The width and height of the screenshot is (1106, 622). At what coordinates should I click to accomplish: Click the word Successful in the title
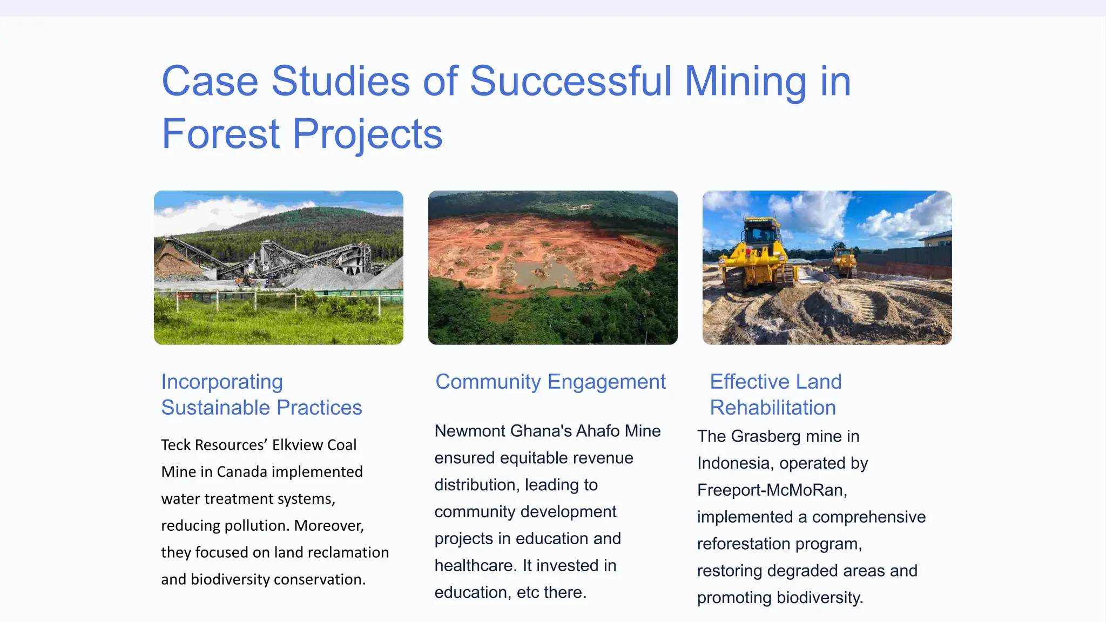pos(571,81)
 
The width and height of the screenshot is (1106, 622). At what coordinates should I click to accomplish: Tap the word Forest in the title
pos(220,134)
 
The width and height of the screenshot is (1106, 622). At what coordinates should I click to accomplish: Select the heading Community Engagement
pos(550,382)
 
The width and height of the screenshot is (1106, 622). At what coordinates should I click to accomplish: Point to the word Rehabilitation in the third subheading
pos(773,408)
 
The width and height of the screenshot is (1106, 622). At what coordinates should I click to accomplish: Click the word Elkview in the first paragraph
pos(298,445)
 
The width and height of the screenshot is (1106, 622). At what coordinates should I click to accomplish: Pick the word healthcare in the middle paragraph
pos(475,565)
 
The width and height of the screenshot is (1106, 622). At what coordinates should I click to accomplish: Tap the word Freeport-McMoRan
pos(772,490)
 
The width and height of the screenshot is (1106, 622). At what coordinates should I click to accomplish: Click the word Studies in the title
pos(340,81)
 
